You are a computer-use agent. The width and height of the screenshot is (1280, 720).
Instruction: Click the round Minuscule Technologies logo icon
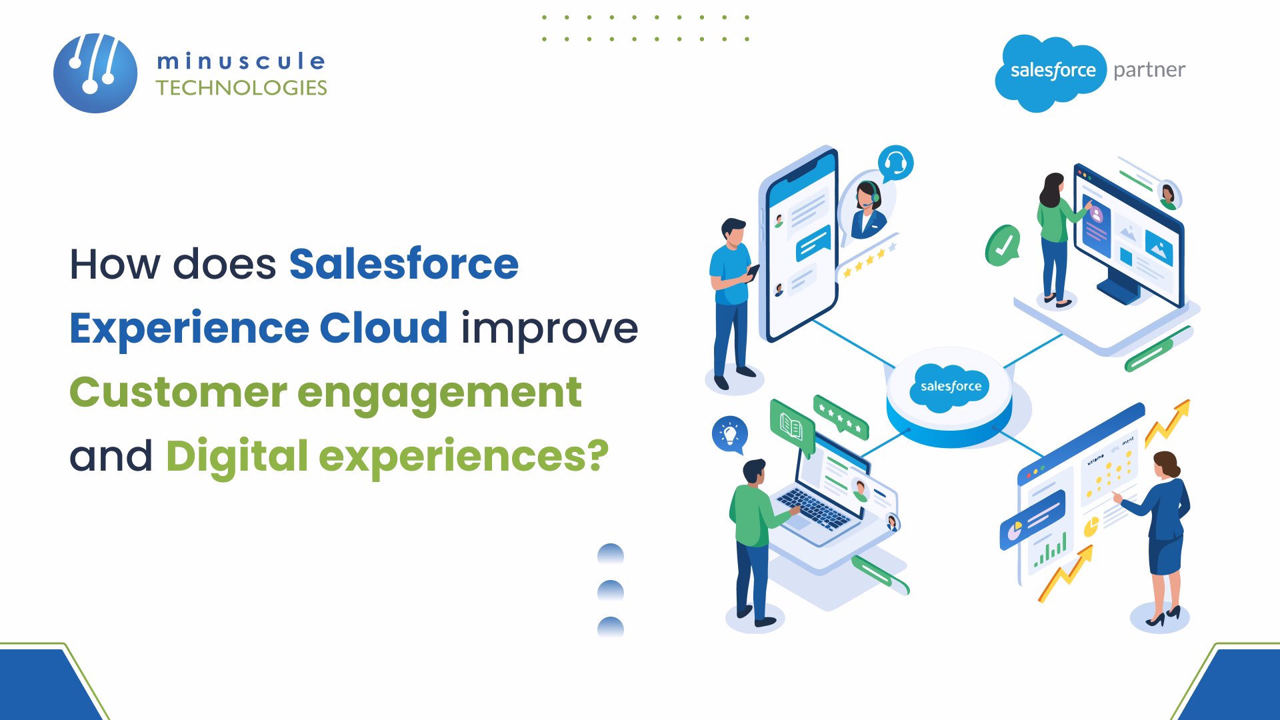pyautogui.click(x=95, y=73)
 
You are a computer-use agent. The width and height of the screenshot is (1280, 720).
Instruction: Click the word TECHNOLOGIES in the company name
pyautogui.click(x=241, y=88)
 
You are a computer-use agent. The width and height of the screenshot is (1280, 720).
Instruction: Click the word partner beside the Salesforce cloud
pyautogui.click(x=1149, y=70)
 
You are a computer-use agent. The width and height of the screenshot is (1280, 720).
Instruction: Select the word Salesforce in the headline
pyautogui.click(x=403, y=264)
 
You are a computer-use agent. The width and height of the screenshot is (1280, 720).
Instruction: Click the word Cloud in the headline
pyautogui.click(x=383, y=328)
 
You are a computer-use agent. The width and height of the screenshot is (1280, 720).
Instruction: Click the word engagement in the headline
pyautogui.click(x=439, y=393)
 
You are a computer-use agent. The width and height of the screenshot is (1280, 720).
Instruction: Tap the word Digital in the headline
pyautogui.click(x=237, y=456)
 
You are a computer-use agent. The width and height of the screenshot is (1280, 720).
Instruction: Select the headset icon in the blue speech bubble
pyautogui.click(x=895, y=163)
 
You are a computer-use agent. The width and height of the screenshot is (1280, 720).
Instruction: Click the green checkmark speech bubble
pyautogui.click(x=1002, y=245)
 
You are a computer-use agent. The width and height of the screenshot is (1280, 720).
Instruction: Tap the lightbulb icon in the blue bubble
pyautogui.click(x=729, y=434)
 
